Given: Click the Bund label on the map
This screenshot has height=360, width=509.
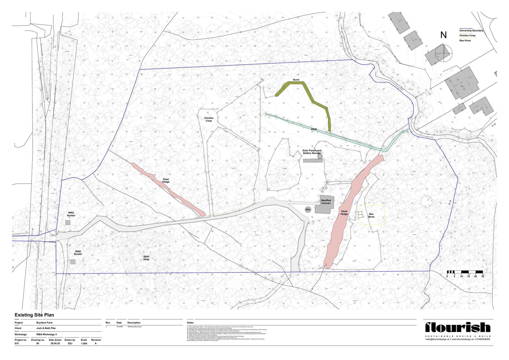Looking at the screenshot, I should [x=296, y=80].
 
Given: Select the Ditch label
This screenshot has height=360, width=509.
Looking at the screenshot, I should [x=314, y=129].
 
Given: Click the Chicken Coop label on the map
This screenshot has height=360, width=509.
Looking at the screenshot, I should [x=209, y=119].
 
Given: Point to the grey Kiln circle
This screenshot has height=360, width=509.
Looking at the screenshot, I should [x=308, y=209].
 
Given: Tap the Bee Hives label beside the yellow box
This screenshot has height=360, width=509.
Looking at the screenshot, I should [x=371, y=215].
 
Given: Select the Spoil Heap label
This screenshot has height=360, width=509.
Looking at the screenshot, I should [x=146, y=258].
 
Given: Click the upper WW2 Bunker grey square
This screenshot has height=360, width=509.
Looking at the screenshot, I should [x=68, y=223].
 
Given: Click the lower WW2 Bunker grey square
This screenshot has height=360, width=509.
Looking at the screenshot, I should [x=73, y=262].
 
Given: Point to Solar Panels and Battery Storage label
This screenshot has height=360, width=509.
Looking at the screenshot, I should [x=312, y=152].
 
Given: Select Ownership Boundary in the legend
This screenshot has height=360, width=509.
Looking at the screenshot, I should [x=471, y=31].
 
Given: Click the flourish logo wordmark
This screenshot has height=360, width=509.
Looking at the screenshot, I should [x=458, y=328].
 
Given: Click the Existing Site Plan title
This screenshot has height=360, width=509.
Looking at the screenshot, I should [x=34, y=315].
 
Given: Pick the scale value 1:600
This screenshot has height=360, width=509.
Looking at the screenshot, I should [x=84, y=344].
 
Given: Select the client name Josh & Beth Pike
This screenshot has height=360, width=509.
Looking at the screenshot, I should [x=45, y=328].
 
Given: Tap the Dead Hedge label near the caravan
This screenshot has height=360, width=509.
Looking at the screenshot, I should [x=344, y=213].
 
